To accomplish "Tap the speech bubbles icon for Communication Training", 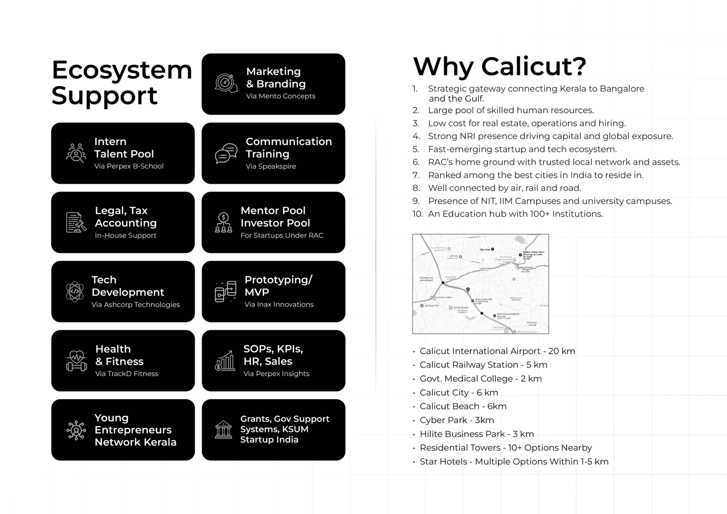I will click(226, 153).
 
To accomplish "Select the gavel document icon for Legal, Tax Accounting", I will click(76, 222).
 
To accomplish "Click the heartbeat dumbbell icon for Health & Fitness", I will click(76, 360).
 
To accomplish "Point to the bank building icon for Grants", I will click(223, 429).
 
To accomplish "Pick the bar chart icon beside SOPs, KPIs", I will click(224, 360).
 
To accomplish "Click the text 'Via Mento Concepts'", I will click(280, 96).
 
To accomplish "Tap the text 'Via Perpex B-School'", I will click(129, 166).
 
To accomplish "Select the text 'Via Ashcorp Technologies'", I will click(135, 304).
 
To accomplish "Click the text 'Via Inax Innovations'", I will click(279, 304).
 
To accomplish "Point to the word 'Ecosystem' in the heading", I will click(122, 70).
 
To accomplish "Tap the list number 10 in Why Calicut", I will click(418, 214).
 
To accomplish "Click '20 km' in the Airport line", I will click(562, 351).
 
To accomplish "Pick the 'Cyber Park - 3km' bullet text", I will click(456, 420).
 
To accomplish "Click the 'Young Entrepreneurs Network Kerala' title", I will click(135, 430).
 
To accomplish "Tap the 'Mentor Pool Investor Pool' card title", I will click(275, 217).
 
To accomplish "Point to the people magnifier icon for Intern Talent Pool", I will click(76, 153).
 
